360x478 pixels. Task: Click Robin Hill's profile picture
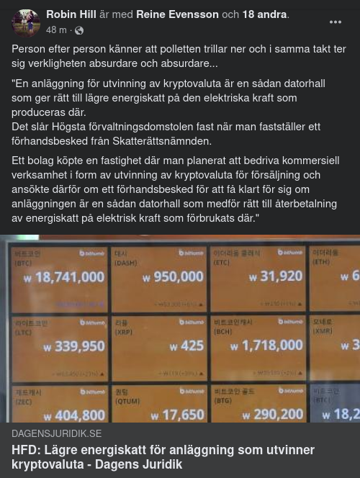tap(26, 22)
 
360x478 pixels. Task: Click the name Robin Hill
tap(71, 14)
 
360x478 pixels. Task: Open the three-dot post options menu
tap(336, 22)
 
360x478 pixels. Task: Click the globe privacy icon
tap(79, 31)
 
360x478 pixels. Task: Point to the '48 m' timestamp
tap(56, 31)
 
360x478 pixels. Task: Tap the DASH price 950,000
tap(173, 276)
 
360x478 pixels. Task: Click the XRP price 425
tap(188, 346)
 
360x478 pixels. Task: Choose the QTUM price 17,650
tap(178, 415)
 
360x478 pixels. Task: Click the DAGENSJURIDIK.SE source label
tap(57, 433)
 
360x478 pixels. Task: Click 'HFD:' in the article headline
tap(26, 450)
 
